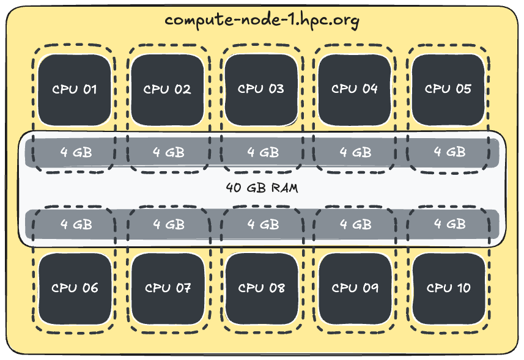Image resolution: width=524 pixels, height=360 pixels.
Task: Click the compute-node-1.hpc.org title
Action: (x=262, y=20)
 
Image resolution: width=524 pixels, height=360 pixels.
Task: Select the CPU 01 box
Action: (x=75, y=89)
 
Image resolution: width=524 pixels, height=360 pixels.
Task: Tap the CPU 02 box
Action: (x=168, y=89)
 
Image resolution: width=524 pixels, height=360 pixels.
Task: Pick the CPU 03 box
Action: (x=261, y=89)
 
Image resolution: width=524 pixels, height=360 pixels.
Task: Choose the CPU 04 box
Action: (x=355, y=89)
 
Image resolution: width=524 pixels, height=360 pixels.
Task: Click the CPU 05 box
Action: (x=448, y=89)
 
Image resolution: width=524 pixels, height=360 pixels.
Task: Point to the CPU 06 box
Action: (x=75, y=288)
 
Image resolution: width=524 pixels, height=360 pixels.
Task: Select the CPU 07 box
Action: (x=168, y=288)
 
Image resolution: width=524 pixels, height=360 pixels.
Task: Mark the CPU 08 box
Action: (x=261, y=288)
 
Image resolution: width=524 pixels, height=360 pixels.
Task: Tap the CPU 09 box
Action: (x=355, y=288)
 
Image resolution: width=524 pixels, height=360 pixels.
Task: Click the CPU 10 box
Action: (x=448, y=288)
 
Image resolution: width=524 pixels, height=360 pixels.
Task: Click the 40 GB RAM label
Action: (x=262, y=188)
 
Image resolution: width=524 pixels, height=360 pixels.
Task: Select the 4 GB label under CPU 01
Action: (x=76, y=152)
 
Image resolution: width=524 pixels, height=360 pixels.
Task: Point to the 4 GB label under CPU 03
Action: (x=263, y=152)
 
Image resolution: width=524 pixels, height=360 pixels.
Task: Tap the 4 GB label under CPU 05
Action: (x=450, y=152)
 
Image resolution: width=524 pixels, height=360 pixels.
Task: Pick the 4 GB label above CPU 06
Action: (x=76, y=224)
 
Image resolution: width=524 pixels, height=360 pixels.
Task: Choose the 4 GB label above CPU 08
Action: (x=263, y=224)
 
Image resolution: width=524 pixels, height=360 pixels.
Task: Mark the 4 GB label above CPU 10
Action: (x=450, y=224)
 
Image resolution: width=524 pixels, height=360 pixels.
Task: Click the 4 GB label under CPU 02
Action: (x=169, y=152)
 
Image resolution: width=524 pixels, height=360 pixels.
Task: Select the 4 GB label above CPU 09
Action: (x=356, y=224)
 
